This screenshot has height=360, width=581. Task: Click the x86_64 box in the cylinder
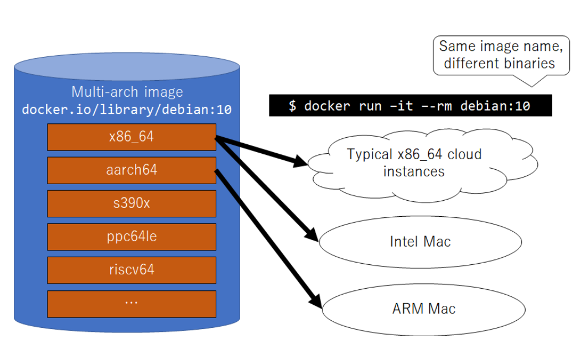pos(131,137)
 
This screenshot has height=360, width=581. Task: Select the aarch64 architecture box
pos(131,170)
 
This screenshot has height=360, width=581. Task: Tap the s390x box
pos(131,203)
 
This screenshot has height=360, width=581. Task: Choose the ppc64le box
pos(131,237)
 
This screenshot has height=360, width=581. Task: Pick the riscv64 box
pos(131,270)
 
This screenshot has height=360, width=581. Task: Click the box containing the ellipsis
pos(131,303)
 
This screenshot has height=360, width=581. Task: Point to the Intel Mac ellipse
pos(421,242)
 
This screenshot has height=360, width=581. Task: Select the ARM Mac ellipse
pos(423,309)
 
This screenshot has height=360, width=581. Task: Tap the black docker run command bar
pos(411,106)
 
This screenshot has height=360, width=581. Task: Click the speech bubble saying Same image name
pos(501,55)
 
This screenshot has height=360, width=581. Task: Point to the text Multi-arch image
pos(127,92)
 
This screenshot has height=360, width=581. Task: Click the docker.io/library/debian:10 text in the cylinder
pos(127,109)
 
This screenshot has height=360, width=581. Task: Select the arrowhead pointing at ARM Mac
pos(316,302)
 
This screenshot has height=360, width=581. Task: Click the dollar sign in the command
pos(292,106)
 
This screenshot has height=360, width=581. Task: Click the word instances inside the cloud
pos(414,171)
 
